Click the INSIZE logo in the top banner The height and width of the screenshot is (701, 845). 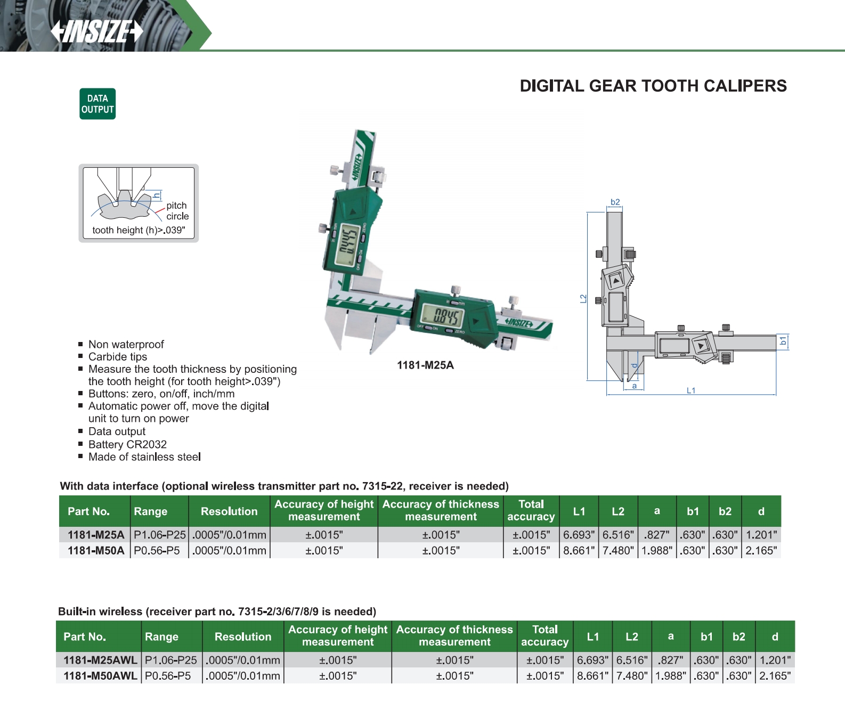click(x=97, y=31)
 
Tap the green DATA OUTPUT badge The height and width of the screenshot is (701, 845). click(x=97, y=104)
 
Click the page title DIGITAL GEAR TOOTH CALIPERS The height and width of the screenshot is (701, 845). click(x=653, y=86)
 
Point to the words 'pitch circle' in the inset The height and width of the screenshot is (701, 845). click(x=177, y=210)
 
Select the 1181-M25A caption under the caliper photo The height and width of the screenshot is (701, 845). click(x=425, y=365)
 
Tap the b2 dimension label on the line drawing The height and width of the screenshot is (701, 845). click(x=615, y=202)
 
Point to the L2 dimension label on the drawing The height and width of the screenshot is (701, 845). click(x=583, y=299)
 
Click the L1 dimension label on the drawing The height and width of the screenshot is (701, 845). click(x=691, y=390)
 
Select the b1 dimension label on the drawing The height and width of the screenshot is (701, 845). click(x=783, y=341)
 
